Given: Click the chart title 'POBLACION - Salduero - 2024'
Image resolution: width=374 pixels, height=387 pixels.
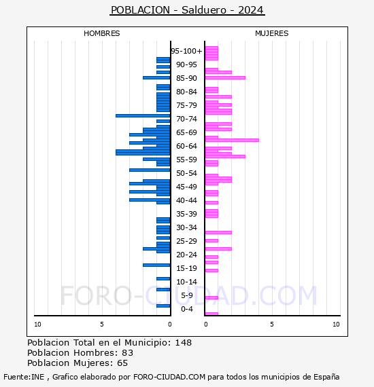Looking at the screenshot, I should point(187,10).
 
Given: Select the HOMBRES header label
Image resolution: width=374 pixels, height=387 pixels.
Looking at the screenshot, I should point(102,33).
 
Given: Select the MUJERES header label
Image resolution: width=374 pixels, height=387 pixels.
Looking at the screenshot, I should point(271,33).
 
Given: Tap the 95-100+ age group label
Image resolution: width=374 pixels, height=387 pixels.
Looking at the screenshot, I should point(186,51).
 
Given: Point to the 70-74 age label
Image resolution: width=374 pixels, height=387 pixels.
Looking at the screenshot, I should point(186,119).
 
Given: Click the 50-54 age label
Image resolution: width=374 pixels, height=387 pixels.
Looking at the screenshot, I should point(186,173).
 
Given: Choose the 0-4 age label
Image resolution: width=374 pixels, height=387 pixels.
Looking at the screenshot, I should point(186,309).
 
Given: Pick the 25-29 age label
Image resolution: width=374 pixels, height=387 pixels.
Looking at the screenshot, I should point(186,241).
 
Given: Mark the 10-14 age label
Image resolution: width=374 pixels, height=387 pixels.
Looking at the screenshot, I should point(186,282).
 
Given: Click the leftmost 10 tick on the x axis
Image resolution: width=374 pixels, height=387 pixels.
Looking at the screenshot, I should point(37,325).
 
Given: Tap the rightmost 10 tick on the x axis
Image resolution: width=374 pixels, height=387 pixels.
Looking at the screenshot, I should point(336,325).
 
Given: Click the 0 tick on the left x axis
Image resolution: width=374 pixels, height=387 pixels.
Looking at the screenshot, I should point(169,325).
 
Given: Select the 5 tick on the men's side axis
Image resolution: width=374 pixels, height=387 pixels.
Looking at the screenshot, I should point(102,325).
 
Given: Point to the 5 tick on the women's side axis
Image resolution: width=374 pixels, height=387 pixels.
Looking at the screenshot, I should point(271,325).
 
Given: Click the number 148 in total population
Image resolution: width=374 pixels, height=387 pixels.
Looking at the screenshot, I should point(184,342).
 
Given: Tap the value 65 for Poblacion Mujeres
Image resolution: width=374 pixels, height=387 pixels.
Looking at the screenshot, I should point(122,363).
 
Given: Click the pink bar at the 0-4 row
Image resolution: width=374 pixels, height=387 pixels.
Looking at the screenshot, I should point(211,314).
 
